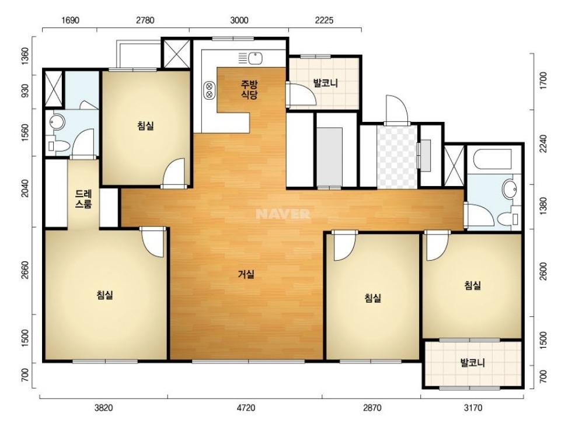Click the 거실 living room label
click(246, 275)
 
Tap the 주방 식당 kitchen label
click(249, 90)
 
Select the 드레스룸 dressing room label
click(83, 200)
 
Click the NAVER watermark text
click(283, 214)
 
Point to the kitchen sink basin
click(255, 58)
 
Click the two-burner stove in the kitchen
click(208, 90)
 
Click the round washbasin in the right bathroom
click(510, 188)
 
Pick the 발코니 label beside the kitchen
click(326, 83)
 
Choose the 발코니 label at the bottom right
click(473, 362)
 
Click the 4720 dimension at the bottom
click(246, 408)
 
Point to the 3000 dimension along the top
click(239, 20)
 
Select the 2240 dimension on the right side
click(543, 144)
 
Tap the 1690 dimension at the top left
click(70, 20)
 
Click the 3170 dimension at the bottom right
click(472, 408)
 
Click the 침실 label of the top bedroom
click(145, 126)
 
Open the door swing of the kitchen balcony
click(301, 95)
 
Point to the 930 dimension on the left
click(25, 92)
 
